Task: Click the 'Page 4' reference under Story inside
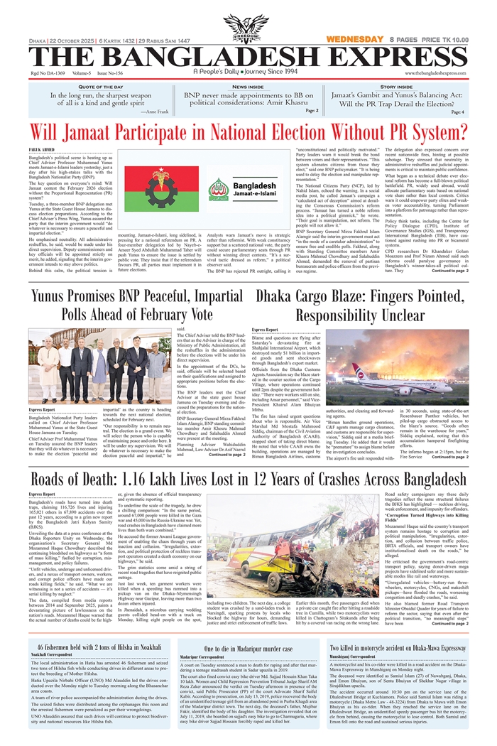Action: pyautogui.click(x=457, y=112)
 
